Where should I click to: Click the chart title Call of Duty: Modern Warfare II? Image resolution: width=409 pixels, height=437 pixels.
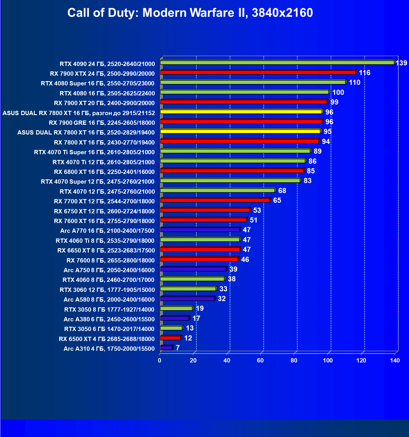tap(190, 13)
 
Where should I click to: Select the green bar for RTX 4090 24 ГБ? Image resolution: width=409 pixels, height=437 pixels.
tap(277, 63)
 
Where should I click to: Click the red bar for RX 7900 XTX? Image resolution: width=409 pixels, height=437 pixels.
tap(258, 73)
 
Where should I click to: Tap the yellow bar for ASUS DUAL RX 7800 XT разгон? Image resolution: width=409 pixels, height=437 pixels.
tap(241, 112)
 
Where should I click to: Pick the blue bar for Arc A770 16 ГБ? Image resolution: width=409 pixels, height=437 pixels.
tap(200, 230)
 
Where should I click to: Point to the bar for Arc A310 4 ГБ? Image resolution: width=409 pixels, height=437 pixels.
tap(166, 348)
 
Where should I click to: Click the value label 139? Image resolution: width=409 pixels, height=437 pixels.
tap(401, 63)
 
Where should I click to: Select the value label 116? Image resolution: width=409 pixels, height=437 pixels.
tap(364, 73)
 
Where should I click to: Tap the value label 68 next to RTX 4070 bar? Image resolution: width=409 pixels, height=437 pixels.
tap(282, 191)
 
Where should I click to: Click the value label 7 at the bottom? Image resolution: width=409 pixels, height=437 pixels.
tap(178, 348)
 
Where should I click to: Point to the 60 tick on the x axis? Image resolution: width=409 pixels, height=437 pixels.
tap(260, 360)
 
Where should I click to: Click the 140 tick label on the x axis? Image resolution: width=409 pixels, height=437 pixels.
tap(395, 360)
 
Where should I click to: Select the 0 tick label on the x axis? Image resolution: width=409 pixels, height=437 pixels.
tap(160, 360)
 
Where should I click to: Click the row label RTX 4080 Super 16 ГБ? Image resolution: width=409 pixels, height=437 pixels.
tap(98, 83)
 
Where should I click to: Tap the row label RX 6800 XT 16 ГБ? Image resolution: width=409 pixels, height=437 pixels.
tap(104, 172)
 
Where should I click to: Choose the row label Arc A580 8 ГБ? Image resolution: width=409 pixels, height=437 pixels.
tap(109, 300)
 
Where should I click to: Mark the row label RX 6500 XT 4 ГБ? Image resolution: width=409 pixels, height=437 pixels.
tap(106, 339)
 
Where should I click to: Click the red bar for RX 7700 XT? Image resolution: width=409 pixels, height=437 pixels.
tap(215, 200)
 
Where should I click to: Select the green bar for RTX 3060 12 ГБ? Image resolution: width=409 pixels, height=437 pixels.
tap(188, 289)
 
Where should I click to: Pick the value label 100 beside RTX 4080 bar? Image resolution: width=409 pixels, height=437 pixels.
tap(338, 93)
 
